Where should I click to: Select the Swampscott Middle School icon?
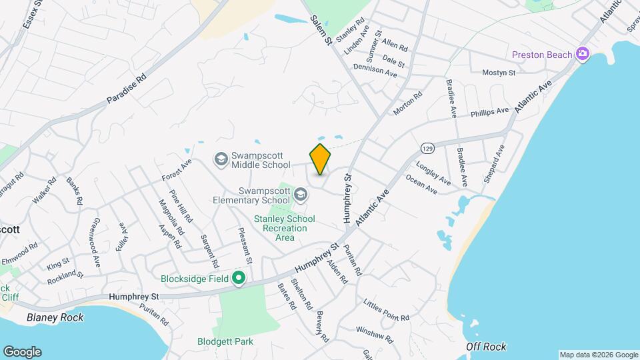(x=221, y=159)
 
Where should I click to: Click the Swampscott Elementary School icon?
(x=301, y=194)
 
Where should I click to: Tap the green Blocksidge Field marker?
(x=238, y=279)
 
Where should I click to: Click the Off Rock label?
(x=486, y=346)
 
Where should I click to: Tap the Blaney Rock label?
(x=55, y=317)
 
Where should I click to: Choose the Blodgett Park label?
(x=225, y=341)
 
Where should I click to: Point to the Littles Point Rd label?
(x=387, y=311)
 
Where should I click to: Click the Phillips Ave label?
(x=489, y=111)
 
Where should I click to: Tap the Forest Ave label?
(x=177, y=169)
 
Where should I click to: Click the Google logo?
(x=22, y=352)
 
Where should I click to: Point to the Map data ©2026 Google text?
(x=598, y=355)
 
